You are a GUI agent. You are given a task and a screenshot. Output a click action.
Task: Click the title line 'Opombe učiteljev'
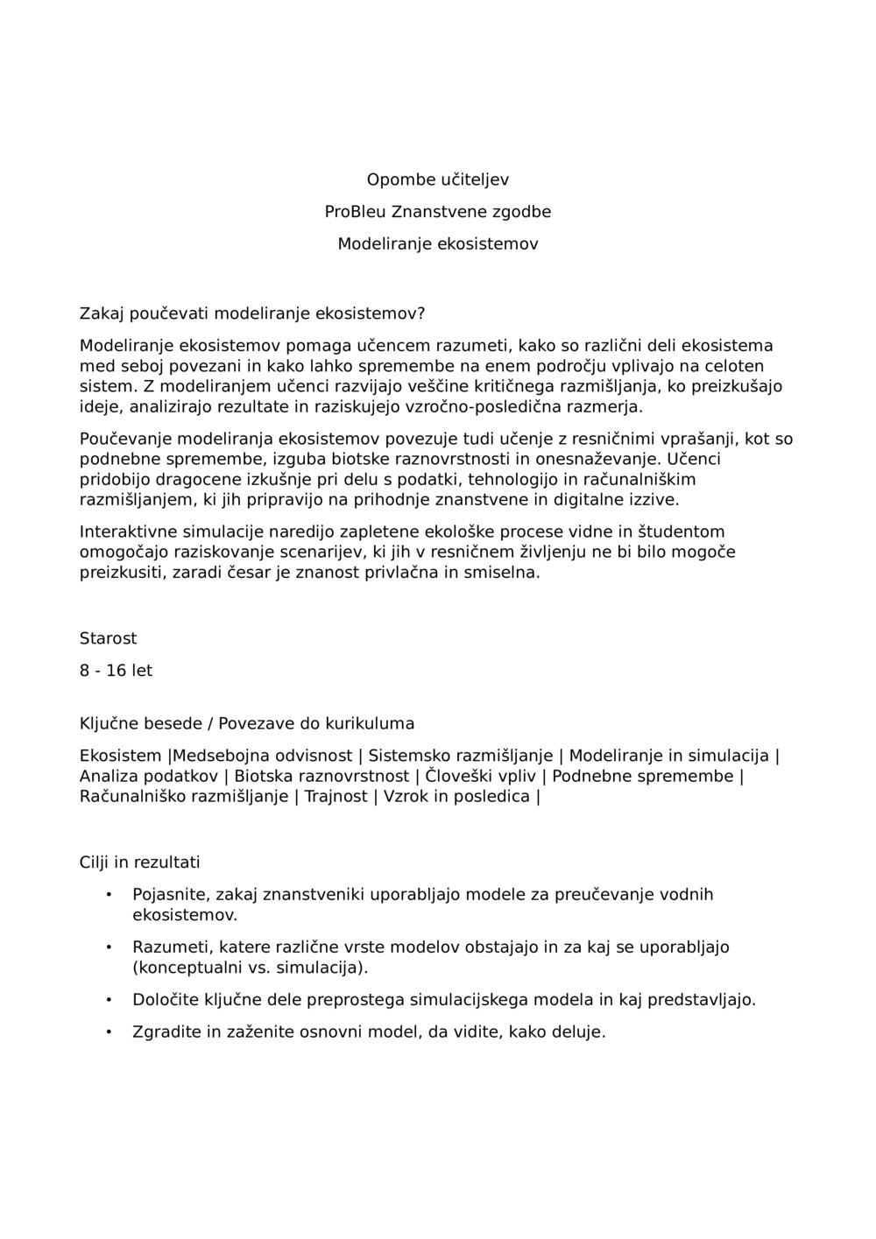(x=437, y=180)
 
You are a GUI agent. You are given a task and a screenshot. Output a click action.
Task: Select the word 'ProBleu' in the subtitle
(x=355, y=212)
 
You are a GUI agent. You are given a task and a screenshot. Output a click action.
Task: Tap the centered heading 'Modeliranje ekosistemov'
(x=437, y=244)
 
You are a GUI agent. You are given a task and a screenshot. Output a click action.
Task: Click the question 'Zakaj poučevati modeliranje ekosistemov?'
(x=252, y=313)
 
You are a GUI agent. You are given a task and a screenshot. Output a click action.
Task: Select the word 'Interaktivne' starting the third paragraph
(x=128, y=532)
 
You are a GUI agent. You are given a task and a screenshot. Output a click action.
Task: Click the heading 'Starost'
(x=108, y=638)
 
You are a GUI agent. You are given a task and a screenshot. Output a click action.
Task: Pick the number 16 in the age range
(x=117, y=671)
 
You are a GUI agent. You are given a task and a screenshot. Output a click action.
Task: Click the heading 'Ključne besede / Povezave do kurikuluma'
(x=247, y=723)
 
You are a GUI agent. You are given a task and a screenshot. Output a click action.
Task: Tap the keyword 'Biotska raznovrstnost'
(x=321, y=777)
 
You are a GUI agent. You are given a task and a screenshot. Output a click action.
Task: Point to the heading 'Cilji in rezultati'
(x=139, y=862)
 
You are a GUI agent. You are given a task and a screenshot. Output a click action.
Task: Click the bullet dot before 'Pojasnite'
(x=109, y=894)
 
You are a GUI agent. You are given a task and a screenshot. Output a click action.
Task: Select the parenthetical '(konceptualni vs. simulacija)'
(x=250, y=968)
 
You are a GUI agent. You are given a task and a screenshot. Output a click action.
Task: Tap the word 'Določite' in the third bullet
(x=165, y=1000)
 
